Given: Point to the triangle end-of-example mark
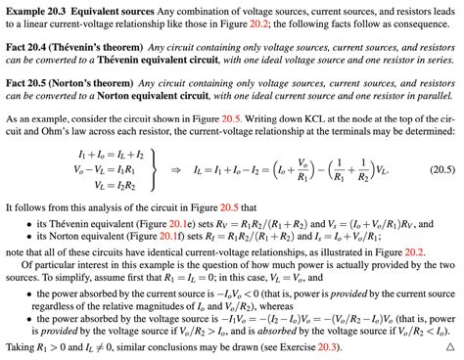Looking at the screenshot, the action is pyautogui.click(x=450, y=347).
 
